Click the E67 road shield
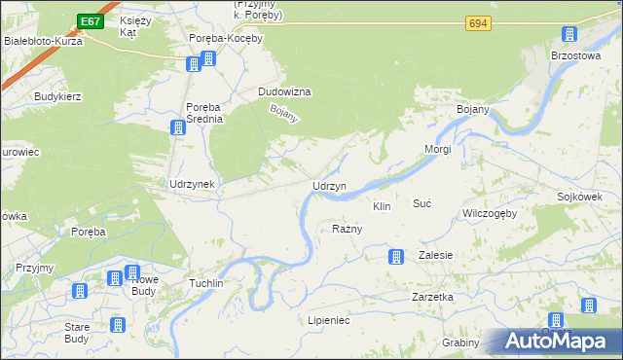click(x=90, y=21)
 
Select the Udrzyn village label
click(x=329, y=186)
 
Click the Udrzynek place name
click(x=191, y=183)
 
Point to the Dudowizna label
click(x=283, y=91)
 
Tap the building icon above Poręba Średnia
click(x=178, y=127)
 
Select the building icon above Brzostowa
click(x=568, y=36)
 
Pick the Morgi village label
click(x=438, y=150)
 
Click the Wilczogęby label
click(x=489, y=213)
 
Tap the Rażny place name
click(x=348, y=230)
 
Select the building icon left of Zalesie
click(x=395, y=257)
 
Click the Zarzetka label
click(x=432, y=297)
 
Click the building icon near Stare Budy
click(x=119, y=325)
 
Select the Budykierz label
click(x=57, y=97)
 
